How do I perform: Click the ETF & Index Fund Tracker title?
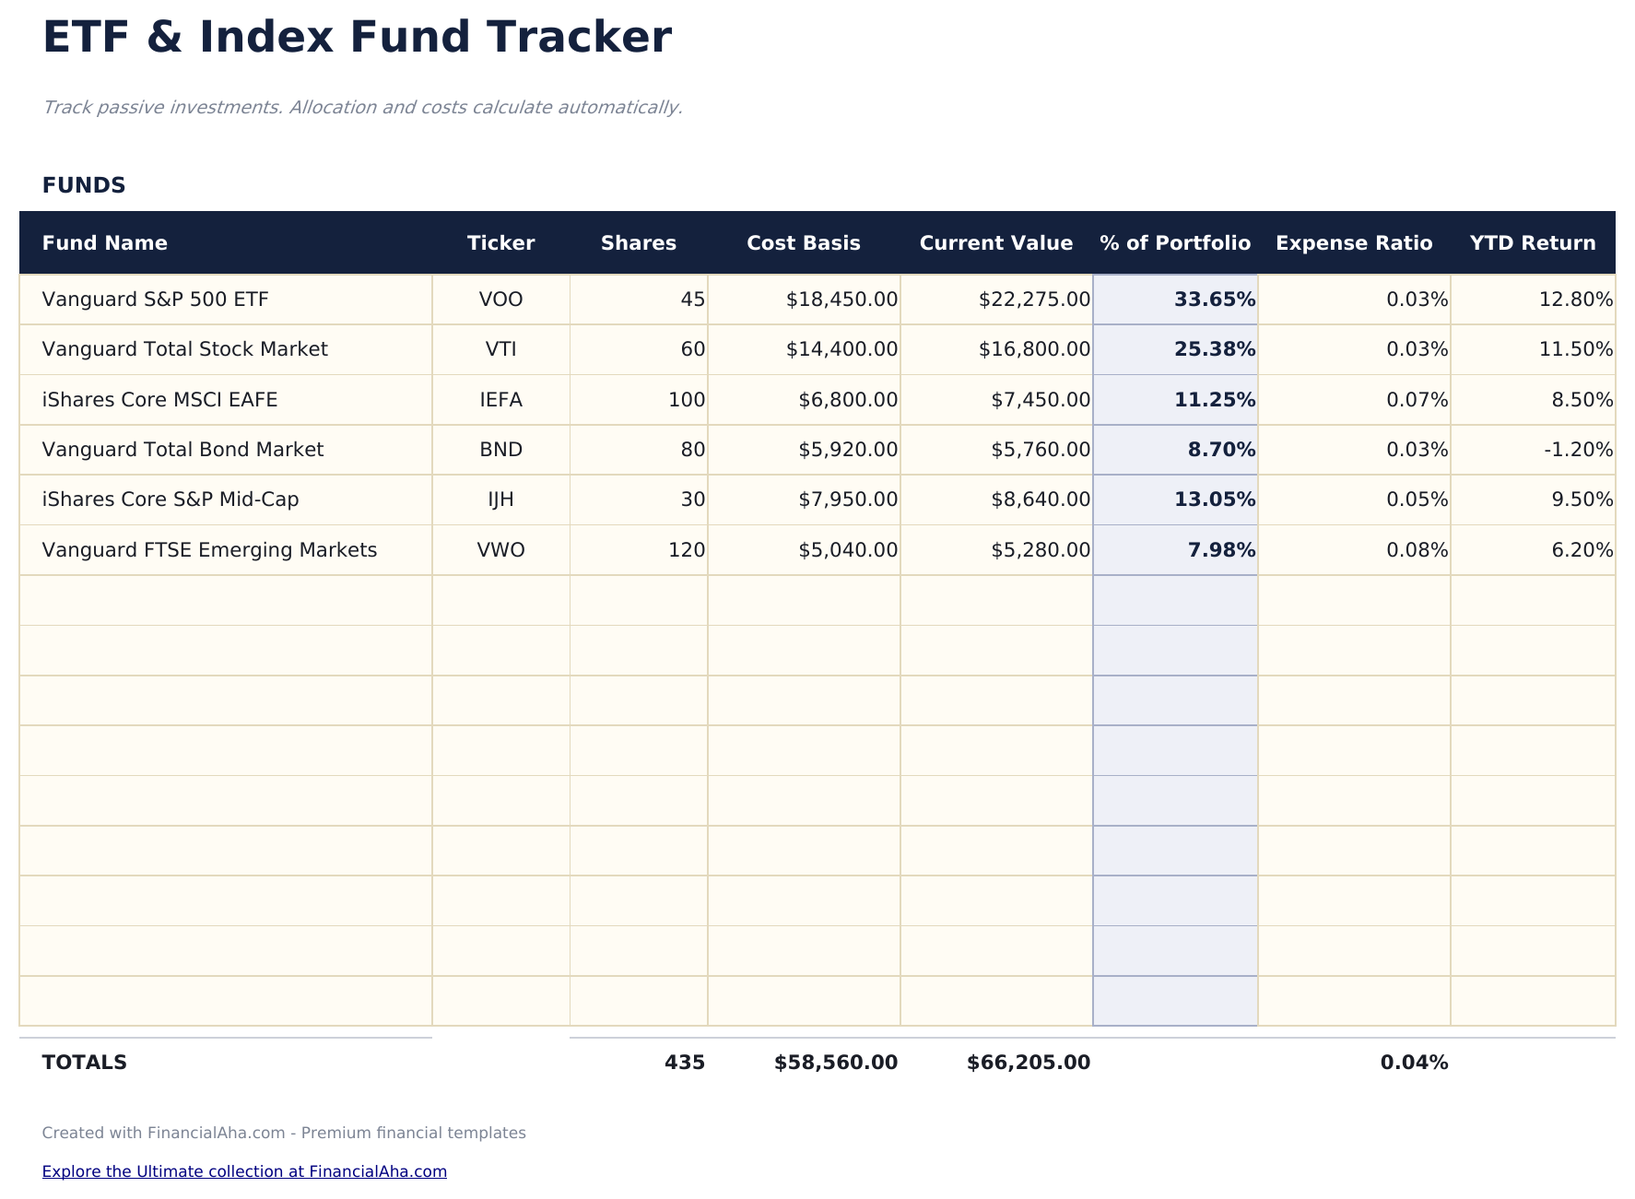[357, 39]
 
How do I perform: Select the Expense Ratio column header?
[1353, 243]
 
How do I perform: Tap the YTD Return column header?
[1532, 243]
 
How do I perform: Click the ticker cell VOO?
[500, 300]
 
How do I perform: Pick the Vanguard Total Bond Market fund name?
[182, 450]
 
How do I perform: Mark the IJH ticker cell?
[500, 500]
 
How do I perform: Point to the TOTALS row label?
[85, 1063]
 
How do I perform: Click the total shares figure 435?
[684, 1063]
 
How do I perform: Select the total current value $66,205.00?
[1028, 1063]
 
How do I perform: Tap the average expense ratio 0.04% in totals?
[1414, 1063]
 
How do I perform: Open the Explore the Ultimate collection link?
[244, 1171]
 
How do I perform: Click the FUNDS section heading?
[84, 185]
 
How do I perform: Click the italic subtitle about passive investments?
[362, 108]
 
